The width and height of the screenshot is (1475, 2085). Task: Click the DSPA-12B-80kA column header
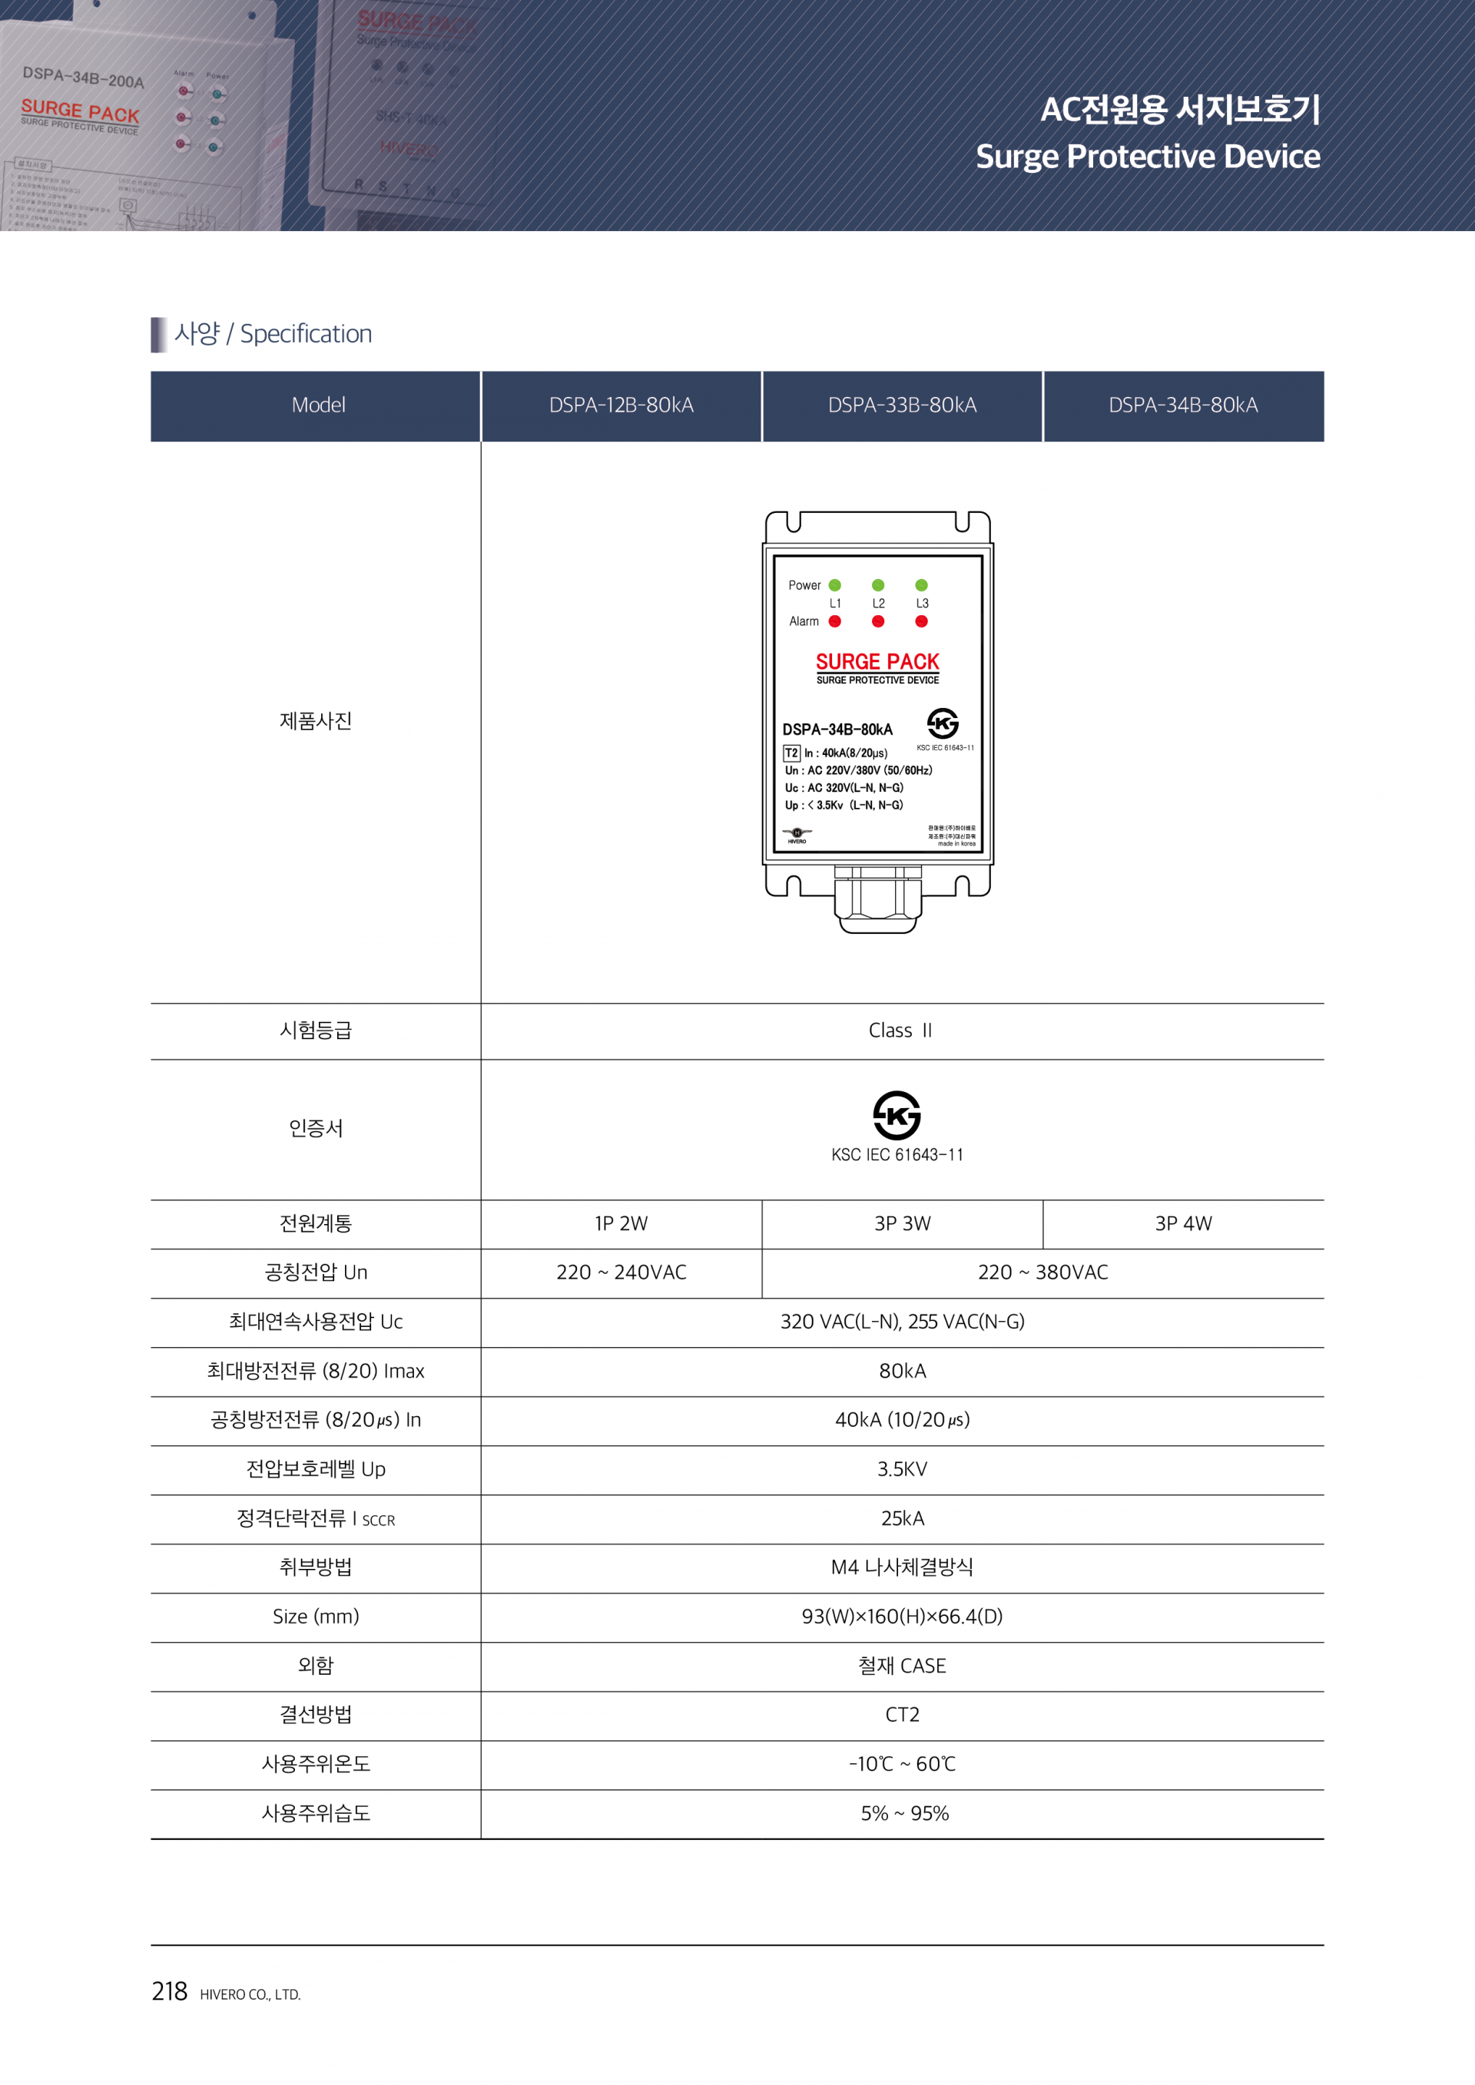click(621, 405)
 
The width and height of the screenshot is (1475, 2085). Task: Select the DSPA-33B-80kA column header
click(902, 405)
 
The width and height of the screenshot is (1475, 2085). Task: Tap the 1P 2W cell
click(621, 1223)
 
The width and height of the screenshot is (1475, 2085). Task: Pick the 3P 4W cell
click(1182, 1223)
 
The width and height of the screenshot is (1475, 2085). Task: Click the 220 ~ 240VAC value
click(621, 1273)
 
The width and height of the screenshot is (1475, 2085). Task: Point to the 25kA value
click(902, 1518)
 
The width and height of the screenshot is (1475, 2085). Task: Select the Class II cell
click(900, 1031)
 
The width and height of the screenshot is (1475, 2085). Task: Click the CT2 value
click(902, 1715)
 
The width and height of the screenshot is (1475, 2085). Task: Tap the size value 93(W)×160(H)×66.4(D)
click(902, 1617)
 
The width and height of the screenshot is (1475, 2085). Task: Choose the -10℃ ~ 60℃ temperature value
click(902, 1763)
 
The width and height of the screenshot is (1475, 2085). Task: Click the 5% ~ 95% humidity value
click(905, 1813)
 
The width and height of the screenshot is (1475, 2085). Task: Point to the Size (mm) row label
click(315, 1617)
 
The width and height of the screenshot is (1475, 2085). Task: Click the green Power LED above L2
click(877, 585)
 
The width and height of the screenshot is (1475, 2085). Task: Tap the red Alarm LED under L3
click(921, 621)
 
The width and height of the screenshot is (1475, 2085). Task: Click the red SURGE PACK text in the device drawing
click(877, 661)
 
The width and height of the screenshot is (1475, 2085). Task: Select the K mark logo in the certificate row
click(897, 1115)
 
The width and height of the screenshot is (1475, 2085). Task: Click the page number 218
click(169, 1991)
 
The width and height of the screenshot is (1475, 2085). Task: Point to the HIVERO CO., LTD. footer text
click(250, 1994)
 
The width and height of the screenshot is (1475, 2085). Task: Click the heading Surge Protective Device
click(1147, 156)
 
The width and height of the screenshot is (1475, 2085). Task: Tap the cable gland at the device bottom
click(877, 901)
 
